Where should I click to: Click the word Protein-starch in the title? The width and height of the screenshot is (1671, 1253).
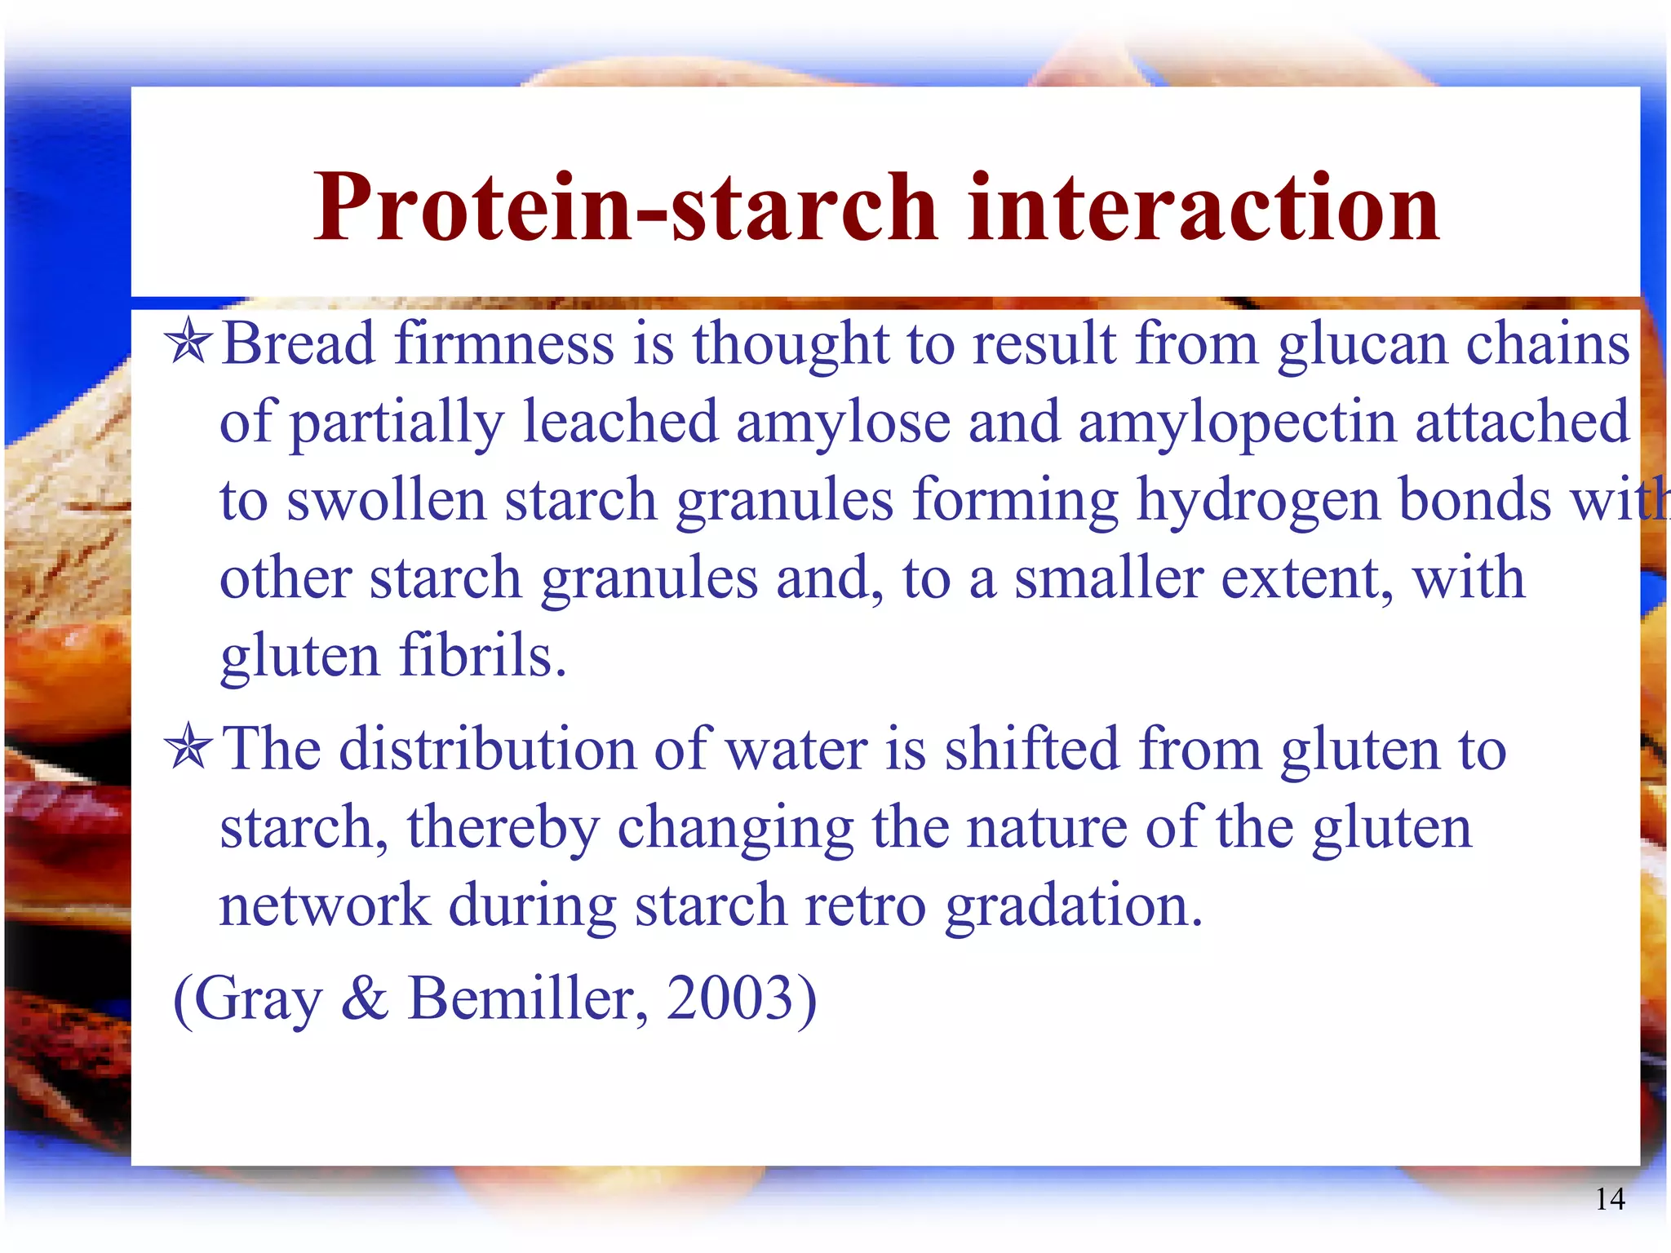click(624, 208)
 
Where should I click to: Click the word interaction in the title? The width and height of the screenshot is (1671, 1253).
click(1203, 208)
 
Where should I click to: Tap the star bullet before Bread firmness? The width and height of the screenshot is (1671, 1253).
click(188, 343)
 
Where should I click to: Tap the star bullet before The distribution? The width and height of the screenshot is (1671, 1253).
click(188, 748)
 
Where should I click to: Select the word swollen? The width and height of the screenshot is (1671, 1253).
click(386, 501)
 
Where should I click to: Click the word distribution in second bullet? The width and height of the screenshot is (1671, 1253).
click(487, 750)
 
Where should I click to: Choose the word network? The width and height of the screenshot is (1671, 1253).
click(325, 906)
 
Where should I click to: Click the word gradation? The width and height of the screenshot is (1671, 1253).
click(1074, 908)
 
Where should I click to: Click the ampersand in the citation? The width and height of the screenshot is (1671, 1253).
click(365, 998)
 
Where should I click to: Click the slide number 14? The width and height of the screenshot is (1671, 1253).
click(1610, 1199)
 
